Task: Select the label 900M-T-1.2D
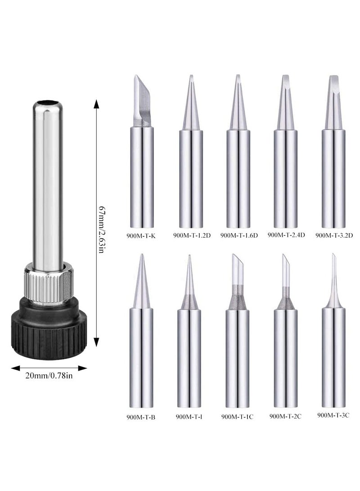[x=192, y=235]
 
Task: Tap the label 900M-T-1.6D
[x=239, y=235]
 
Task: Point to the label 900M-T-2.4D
[x=286, y=234]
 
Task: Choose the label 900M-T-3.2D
[x=334, y=235]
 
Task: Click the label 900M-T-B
[x=141, y=417]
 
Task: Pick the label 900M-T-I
[x=189, y=417]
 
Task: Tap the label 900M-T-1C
[x=237, y=417]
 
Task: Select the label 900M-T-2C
[x=285, y=416]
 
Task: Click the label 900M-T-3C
[x=333, y=415]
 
